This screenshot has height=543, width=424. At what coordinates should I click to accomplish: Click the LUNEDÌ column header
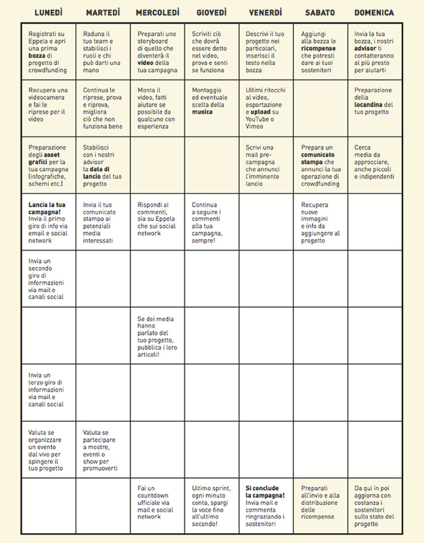click(x=48, y=12)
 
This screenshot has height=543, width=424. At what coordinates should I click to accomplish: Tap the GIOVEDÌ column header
click(x=211, y=12)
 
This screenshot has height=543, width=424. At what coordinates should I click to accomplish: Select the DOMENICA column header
click(x=374, y=12)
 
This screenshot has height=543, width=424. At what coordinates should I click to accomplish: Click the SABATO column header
click(x=320, y=12)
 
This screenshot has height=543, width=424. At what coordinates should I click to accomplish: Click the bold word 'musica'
click(x=202, y=112)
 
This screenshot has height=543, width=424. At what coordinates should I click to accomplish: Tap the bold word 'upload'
click(x=260, y=112)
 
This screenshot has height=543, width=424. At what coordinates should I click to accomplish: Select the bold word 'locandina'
click(x=369, y=104)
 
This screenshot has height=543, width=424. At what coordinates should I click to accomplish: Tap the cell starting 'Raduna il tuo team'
click(x=103, y=52)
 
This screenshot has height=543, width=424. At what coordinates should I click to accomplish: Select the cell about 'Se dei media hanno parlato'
click(x=157, y=336)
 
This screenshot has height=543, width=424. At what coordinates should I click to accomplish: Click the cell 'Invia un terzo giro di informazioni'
click(x=48, y=393)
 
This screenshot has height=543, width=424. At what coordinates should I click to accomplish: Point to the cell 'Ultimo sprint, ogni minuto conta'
click(x=211, y=506)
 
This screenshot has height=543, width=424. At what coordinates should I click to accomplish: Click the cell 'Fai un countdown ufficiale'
click(x=157, y=502)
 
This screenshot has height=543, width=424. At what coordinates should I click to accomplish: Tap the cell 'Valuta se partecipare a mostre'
click(x=103, y=450)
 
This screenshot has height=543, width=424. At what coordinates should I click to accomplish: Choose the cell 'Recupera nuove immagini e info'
click(x=321, y=222)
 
